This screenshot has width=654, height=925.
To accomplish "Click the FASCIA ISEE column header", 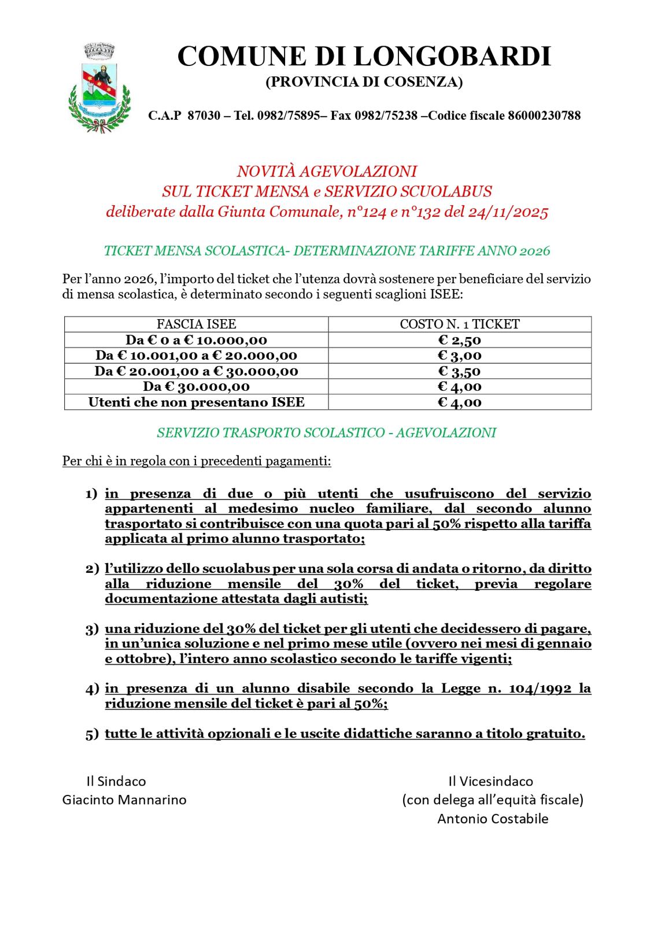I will click(197, 324).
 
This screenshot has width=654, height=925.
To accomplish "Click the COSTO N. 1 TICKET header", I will click(460, 324).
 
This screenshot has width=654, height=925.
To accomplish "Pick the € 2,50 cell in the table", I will click(460, 340).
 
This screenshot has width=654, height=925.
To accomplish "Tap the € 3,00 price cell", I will click(460, 356).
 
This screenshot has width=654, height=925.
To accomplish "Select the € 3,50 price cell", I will click(460, 371).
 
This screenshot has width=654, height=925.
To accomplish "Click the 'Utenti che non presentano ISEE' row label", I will click(197, 402).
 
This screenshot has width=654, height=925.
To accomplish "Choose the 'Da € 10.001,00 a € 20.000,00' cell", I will click(197, 356).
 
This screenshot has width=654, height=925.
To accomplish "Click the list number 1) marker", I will click(91, 494).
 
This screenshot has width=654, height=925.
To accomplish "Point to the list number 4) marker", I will click(91, 689).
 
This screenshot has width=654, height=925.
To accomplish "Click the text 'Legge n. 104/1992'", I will click(508, 689).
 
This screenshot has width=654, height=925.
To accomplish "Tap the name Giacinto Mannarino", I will click(124, 800).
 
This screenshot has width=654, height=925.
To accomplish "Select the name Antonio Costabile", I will click(493, 819).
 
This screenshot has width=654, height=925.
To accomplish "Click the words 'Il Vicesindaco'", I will click(491, 782).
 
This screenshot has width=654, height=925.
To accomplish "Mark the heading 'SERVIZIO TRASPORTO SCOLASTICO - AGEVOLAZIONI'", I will click(327, 433).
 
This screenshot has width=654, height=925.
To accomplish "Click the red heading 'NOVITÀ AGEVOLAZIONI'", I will click(327, 172).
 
